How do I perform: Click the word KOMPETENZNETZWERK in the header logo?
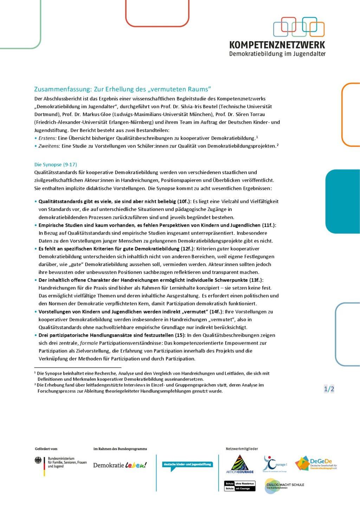(277, 45)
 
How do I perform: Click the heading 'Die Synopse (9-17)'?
(56, 165)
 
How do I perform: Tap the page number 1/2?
(329, 389)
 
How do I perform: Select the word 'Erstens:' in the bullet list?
(47, 138)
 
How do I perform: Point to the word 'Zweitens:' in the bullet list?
(49, 146)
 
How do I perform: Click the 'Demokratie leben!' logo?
(120, 465)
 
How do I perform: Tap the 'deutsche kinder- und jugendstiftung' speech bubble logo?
(187, 465)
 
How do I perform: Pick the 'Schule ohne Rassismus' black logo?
(240, 486)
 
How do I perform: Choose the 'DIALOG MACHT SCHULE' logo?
(284, 485)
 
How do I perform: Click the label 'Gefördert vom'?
(46, 449)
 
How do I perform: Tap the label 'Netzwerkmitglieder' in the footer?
(242, 449)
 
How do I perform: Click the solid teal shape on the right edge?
(342, 201)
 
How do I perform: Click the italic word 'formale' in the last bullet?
(89, 343)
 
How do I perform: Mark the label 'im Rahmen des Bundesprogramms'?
(120, 449)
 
